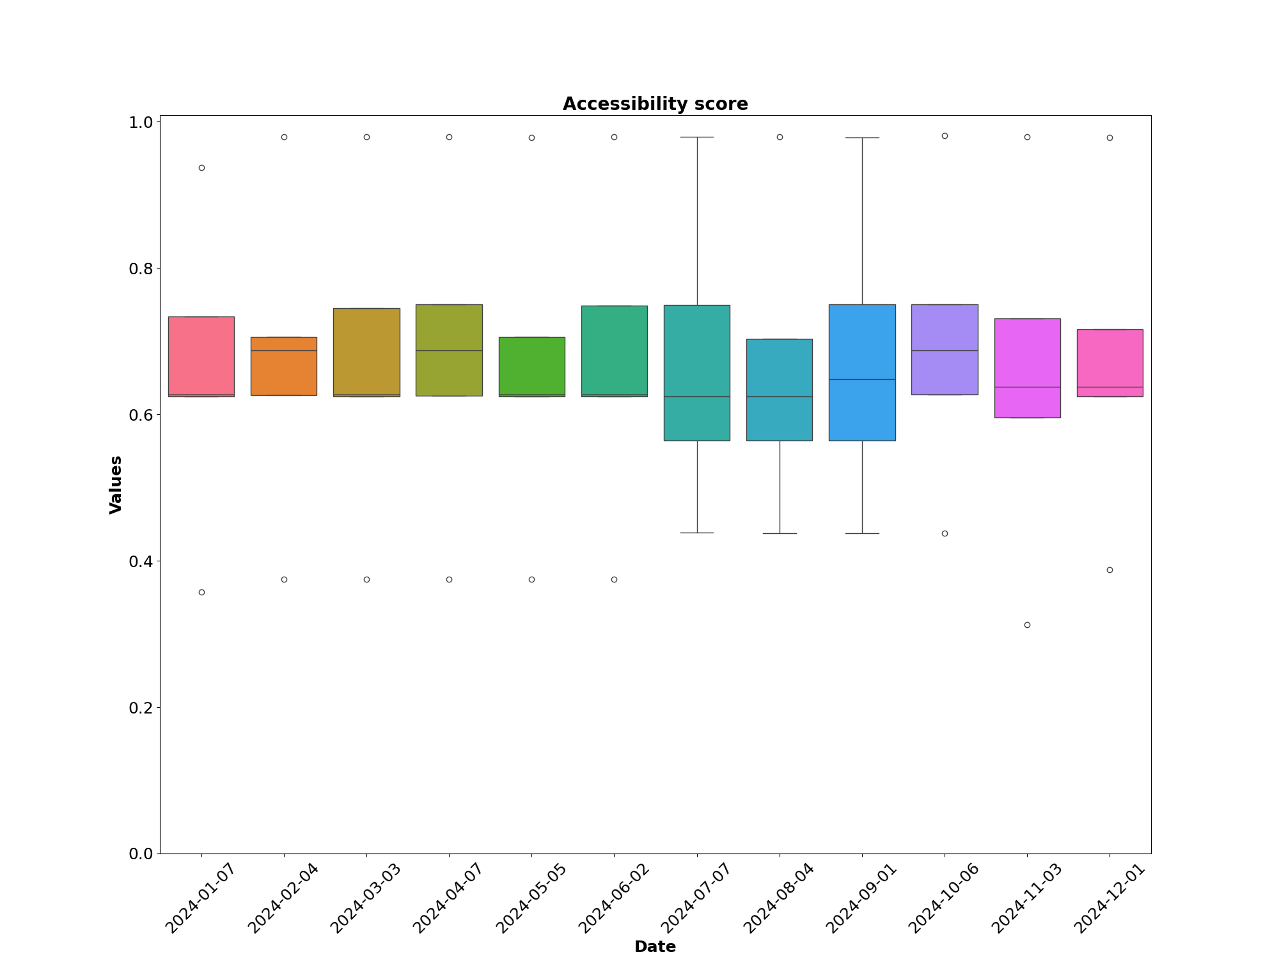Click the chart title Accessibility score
[655, 104]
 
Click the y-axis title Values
[116, 485]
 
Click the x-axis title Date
[655, 947]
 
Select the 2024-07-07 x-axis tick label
[696, 898]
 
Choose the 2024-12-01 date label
[1109, 898]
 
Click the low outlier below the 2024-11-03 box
[1027, 625]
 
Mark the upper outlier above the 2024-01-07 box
[201, 168]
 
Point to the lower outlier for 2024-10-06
[945, 533]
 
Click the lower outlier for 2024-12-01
[1110, 570]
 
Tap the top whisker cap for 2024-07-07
[697, 137]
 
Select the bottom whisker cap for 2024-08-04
[780, 533]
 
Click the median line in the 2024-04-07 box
[449, 350]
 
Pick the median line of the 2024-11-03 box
[1027, 387]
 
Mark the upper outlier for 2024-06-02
[614, 137]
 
